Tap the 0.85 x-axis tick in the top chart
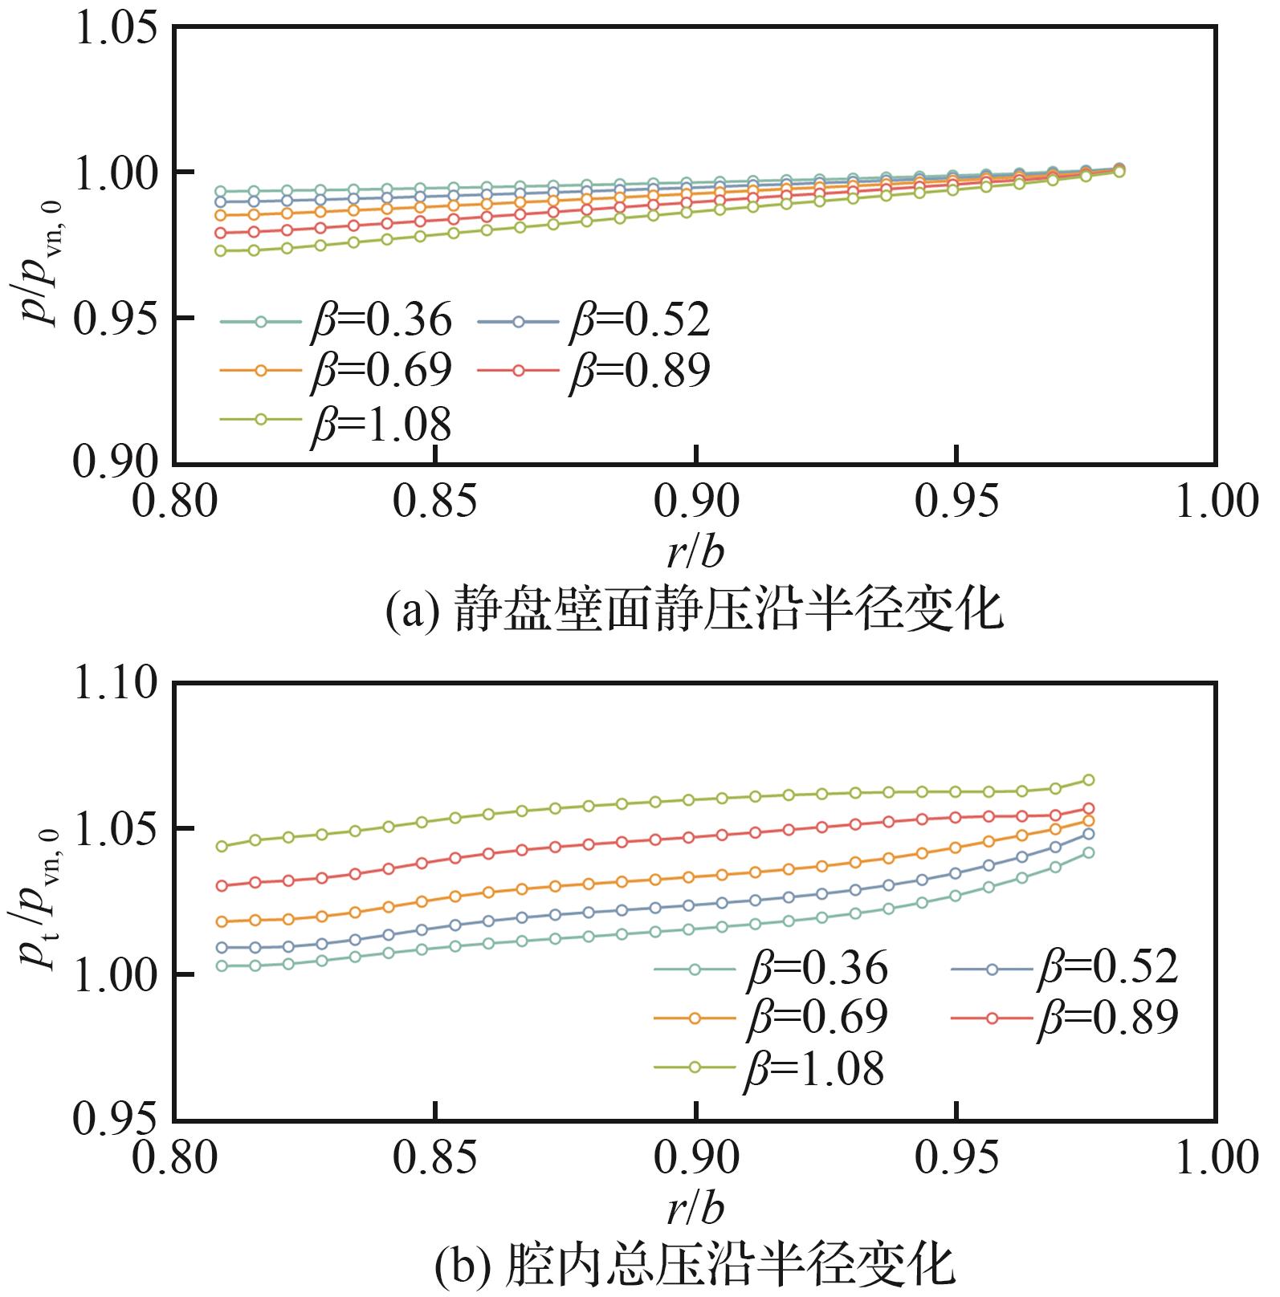[434, 502]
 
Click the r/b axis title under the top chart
[695, 553]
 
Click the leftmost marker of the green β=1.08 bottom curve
[222, 846]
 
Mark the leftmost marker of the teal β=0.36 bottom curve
[222, 966]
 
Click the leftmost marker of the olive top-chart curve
[221, 251]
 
